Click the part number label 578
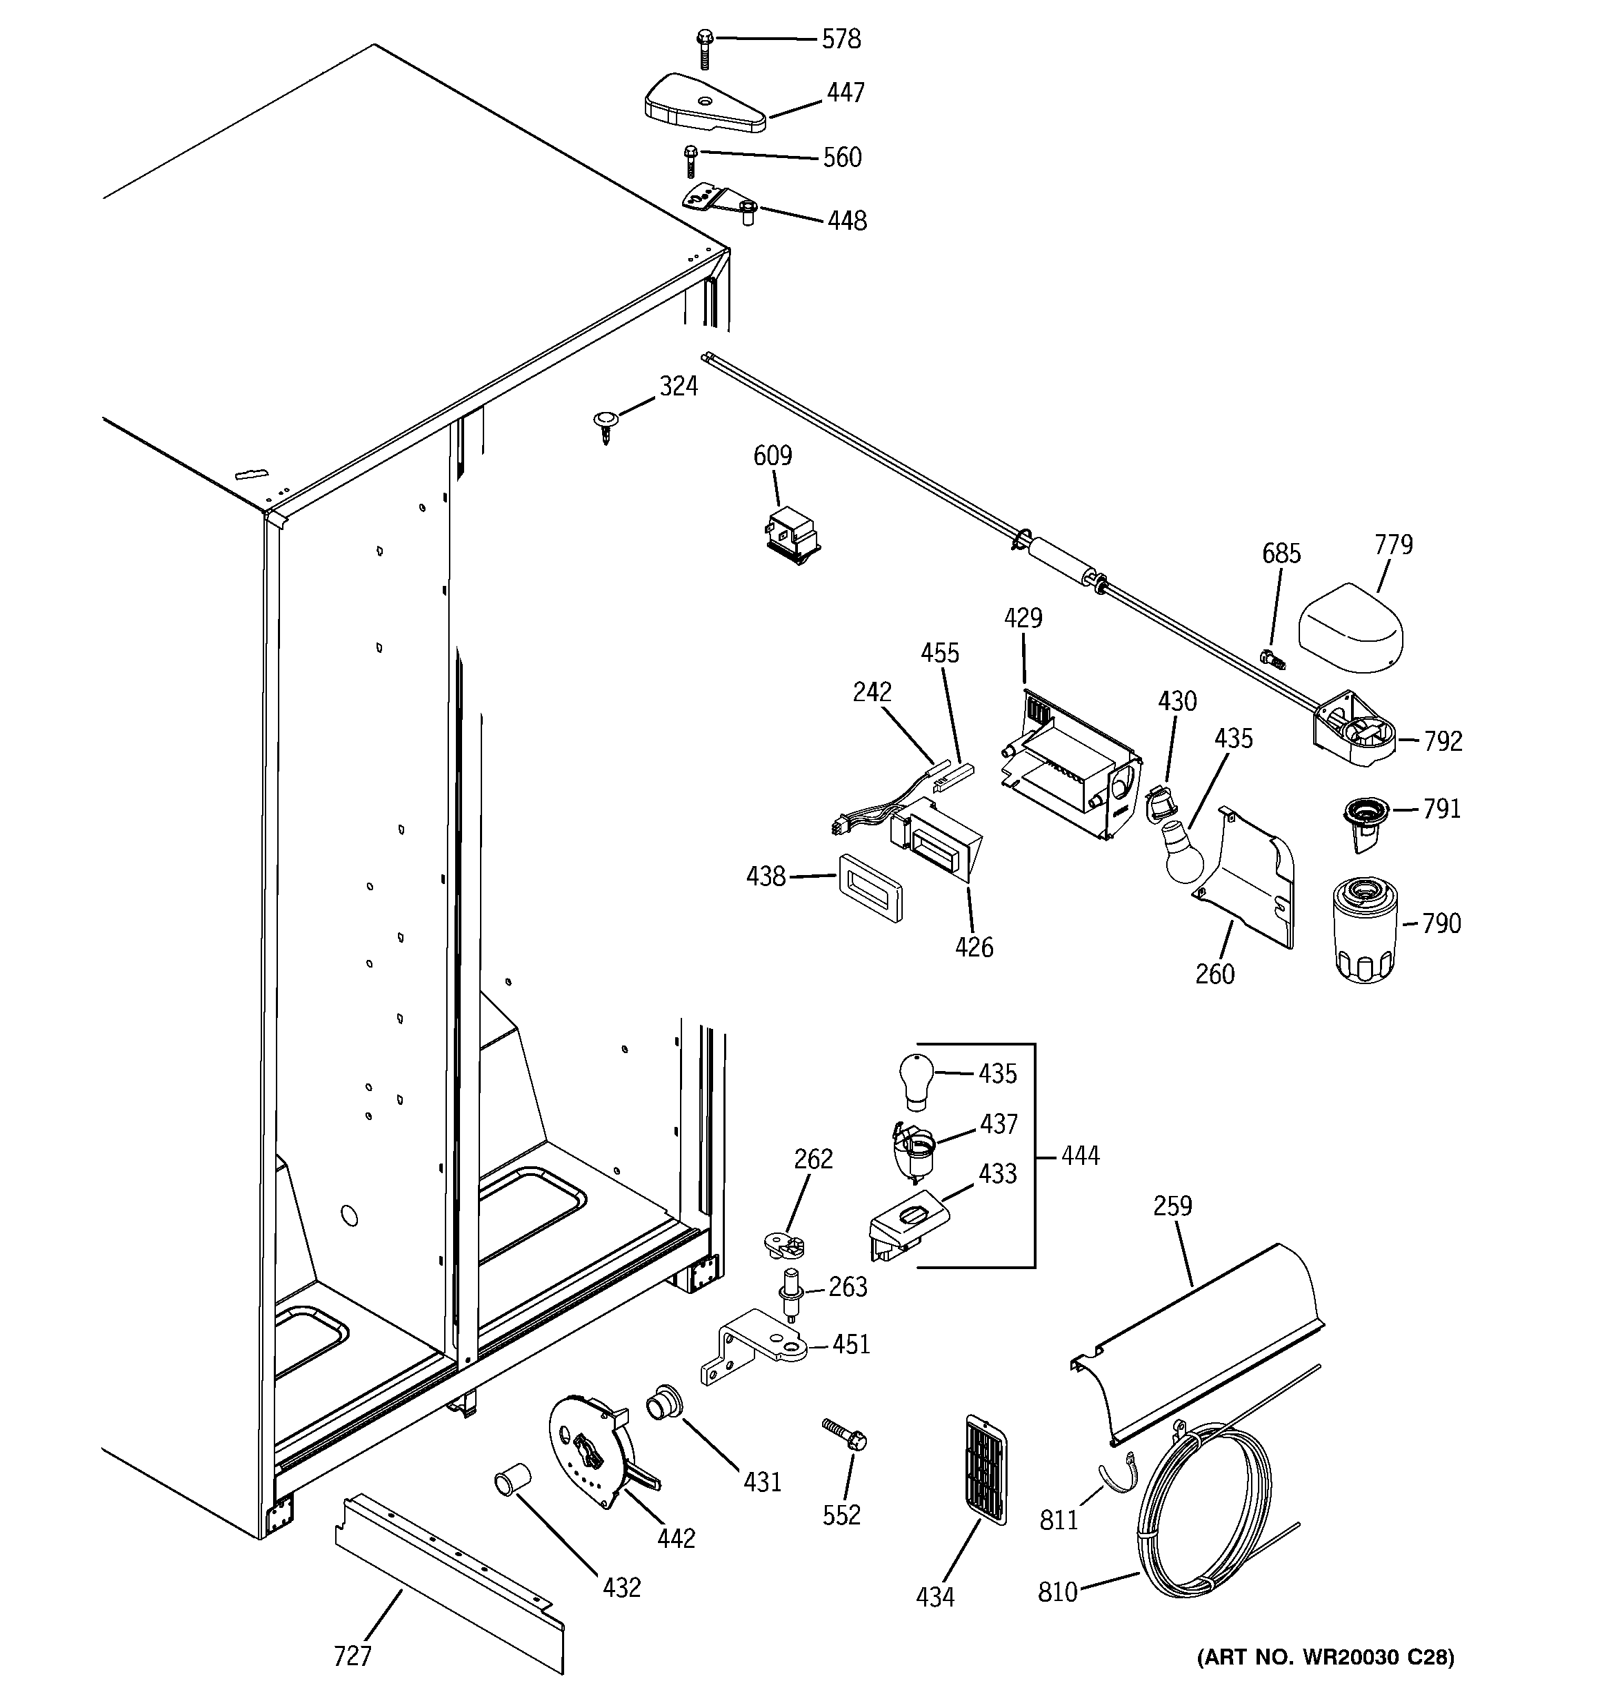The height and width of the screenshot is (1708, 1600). (841, 39)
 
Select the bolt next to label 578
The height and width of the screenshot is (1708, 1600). (704, 49)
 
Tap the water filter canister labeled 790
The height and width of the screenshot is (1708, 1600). (1365, 929)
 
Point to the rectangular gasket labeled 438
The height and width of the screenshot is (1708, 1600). (869, 888)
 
